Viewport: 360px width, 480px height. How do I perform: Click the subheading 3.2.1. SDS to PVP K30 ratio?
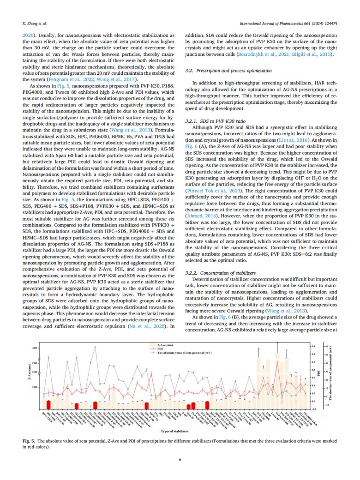tap(210, 121)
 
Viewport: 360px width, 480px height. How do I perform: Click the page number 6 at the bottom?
tap(180, 459)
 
